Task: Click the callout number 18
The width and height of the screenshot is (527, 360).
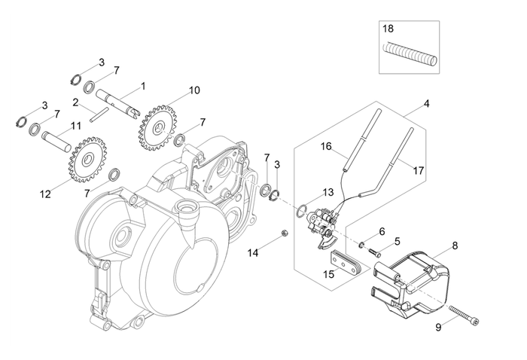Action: [x=388, y=29]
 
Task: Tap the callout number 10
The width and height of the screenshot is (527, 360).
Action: [x=194, y=90]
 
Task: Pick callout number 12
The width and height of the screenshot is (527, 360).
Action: [x=44, y=194]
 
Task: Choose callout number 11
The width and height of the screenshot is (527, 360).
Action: [x=75, y=125]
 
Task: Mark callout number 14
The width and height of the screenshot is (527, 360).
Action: [x=254, y=254]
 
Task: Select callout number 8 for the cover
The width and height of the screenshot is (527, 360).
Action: [x=454, y=246]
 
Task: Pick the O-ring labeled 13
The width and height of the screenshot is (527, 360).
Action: [x=300, y=209]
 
